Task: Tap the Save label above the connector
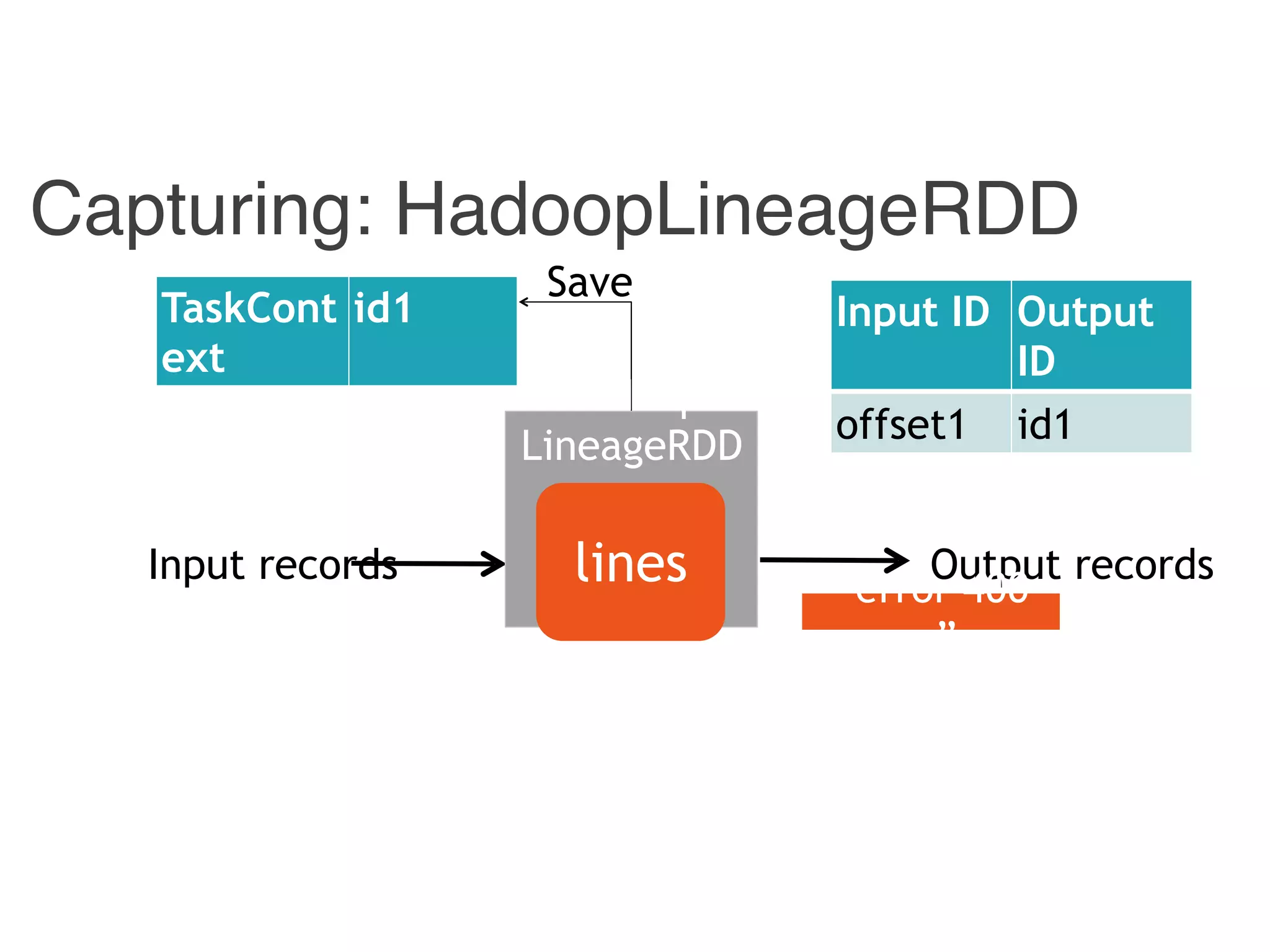coord(589,282)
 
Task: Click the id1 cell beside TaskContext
coord(432,332)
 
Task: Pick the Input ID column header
coord(920,335)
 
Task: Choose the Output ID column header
coord(1100,335)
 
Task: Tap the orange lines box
coord(630,562)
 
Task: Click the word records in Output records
coord(1144,565)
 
